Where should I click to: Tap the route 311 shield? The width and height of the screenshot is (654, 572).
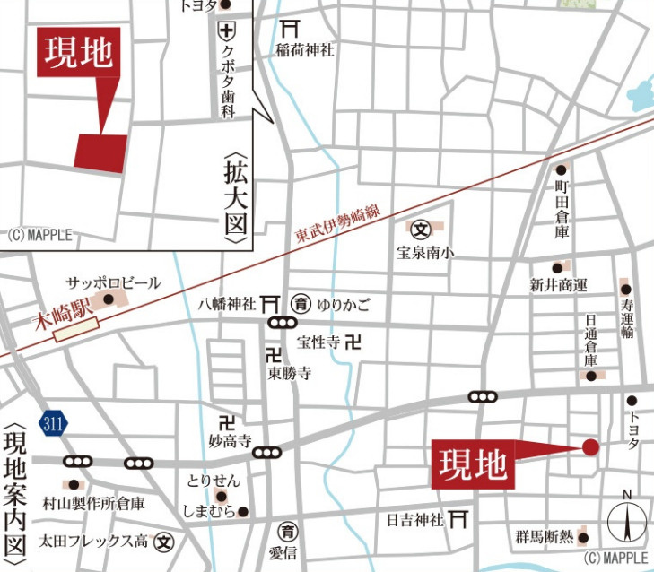pyautogui.click(x=53, y=422)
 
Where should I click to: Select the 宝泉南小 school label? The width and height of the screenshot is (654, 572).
pyautogui.click(x=425, y=253)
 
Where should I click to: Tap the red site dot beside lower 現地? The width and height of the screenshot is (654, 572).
pyautogui.click(x=590, y=446)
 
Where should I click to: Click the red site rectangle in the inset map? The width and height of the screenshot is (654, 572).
pyautogui.click(x=100, y=152)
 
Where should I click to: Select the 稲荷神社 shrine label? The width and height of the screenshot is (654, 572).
pyautogui.click(x=305, y=50)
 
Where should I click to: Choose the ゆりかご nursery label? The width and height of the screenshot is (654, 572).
pyautogui.click(x=342, y=303)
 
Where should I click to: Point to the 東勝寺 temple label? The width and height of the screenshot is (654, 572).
pyautogui.click(x=289, y=374)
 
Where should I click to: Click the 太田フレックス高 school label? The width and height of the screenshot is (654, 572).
pyautogui.click(x=93, y=542)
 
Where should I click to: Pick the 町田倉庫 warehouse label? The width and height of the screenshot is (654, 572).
pyautogui.click(x=562, y=207)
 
